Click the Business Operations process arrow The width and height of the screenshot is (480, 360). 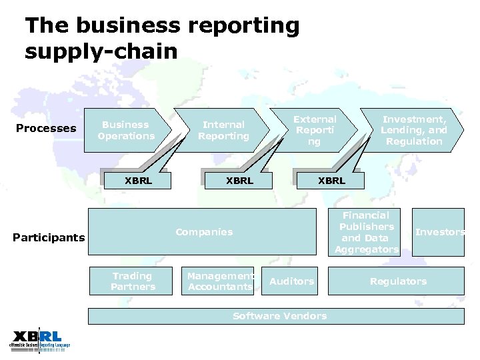coord(125,130)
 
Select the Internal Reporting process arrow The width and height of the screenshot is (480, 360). coord(223,130)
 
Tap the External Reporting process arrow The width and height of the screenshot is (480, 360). coord(315,130)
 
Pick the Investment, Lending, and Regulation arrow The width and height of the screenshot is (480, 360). coord(414,130)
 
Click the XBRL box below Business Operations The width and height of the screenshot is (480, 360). coord(138,180)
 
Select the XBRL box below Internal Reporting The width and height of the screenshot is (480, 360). coord(239,180)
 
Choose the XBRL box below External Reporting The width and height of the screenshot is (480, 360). coord(331,180)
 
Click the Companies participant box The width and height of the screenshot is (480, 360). coord(203,232)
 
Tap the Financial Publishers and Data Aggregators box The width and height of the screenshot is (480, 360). coord(366,232)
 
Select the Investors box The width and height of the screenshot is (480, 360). coord(439,232)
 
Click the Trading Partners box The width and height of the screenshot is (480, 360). coord(133,281)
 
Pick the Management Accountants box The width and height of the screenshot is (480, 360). coord(220,281)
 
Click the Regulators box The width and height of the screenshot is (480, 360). coord(398,281)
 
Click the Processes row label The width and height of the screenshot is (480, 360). coord(46,128)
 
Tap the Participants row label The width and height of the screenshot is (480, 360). coord(49,238)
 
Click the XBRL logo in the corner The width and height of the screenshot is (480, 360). coord(39,340)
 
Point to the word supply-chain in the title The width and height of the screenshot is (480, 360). coord(101,51)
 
